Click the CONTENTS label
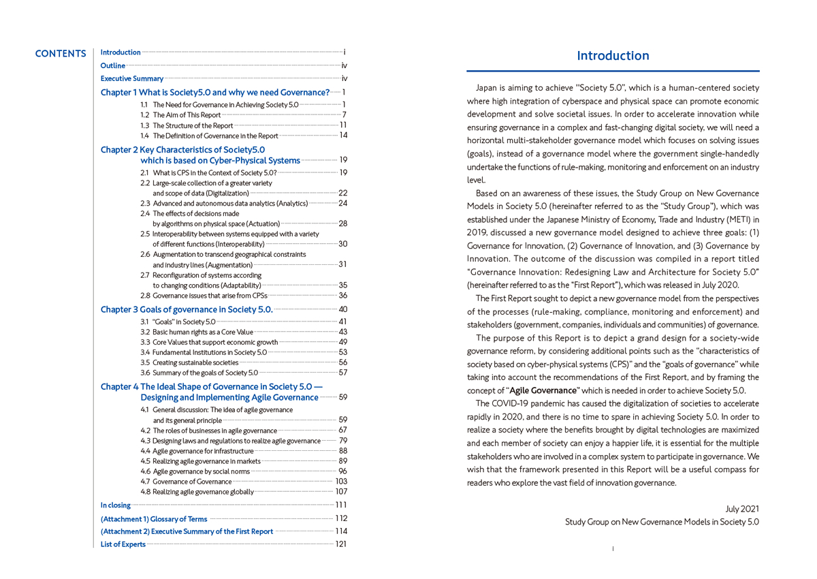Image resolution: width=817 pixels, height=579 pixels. point(61,54)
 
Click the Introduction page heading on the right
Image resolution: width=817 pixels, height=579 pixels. point(613,56)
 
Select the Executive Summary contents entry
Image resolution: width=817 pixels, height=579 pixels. point(132,79)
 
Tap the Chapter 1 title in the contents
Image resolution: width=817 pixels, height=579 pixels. point(215,93)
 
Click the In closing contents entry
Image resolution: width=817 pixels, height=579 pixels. point(116,505)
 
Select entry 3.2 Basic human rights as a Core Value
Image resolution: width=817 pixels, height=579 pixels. point(197,332)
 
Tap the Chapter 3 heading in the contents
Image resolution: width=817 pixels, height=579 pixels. point(187,309)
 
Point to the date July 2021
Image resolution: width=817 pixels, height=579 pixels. point(742,509)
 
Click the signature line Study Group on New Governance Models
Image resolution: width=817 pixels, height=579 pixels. point(662,522)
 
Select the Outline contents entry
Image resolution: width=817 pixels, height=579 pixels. point(113,66)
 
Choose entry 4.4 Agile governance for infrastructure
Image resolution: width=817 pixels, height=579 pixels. point(197,451)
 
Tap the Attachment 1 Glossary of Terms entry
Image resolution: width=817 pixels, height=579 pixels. point(154,519)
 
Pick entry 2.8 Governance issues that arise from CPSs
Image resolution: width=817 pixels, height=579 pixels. point(204,296)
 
